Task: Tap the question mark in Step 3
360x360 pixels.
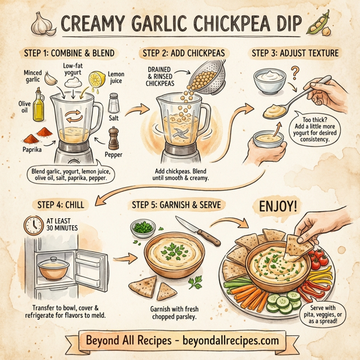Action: click(x=295, y=73)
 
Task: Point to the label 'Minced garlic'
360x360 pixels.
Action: click(x=33, y=76)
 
